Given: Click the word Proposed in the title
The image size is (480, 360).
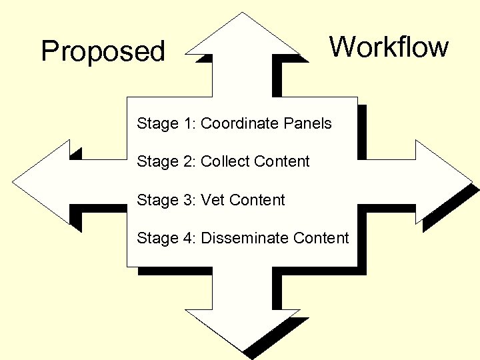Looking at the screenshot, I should tap(103, 52).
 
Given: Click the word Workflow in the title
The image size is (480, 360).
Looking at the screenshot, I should tap(389, 47).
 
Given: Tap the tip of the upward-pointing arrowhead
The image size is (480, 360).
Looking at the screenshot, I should tap(242, 13).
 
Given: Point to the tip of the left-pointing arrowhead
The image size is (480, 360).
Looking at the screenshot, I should tap(14, 181).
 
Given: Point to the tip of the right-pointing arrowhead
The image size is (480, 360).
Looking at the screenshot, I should tap(471, 181).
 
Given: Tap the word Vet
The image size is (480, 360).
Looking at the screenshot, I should tap(213, 200).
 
